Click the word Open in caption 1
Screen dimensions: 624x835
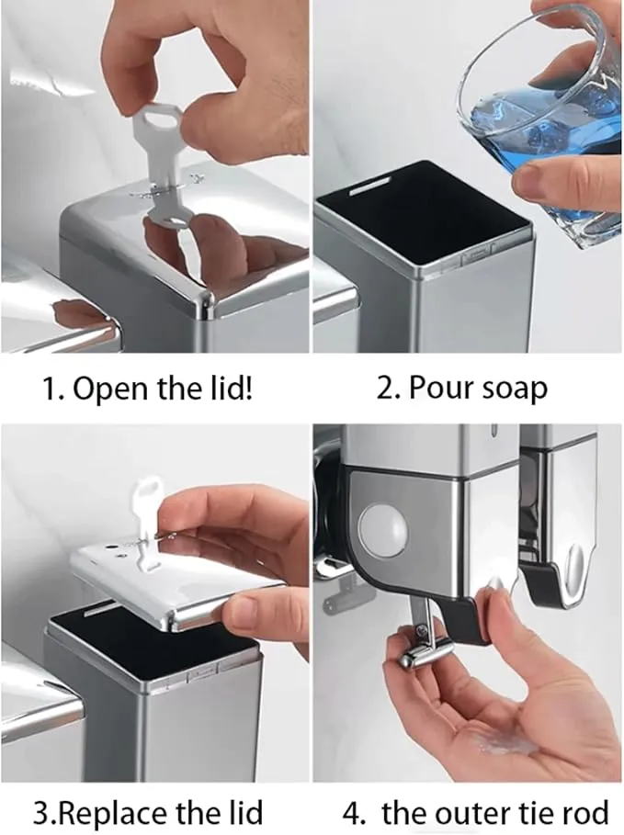[111, 389]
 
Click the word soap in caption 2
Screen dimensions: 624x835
[516, 389]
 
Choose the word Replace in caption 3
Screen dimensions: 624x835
[114, 813]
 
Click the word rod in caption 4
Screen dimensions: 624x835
[585, 812]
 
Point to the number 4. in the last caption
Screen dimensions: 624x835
[354, 813]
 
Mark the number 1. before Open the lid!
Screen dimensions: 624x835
[52, 389]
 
